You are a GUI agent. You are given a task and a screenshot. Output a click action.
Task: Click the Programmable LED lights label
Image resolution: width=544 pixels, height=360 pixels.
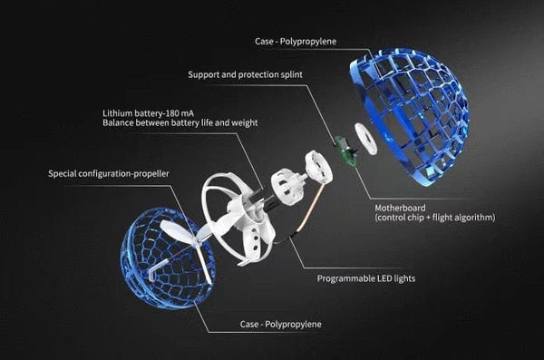tap(365, 278)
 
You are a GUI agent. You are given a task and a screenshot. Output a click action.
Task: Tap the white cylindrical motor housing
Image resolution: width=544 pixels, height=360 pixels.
tap(292, 179)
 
